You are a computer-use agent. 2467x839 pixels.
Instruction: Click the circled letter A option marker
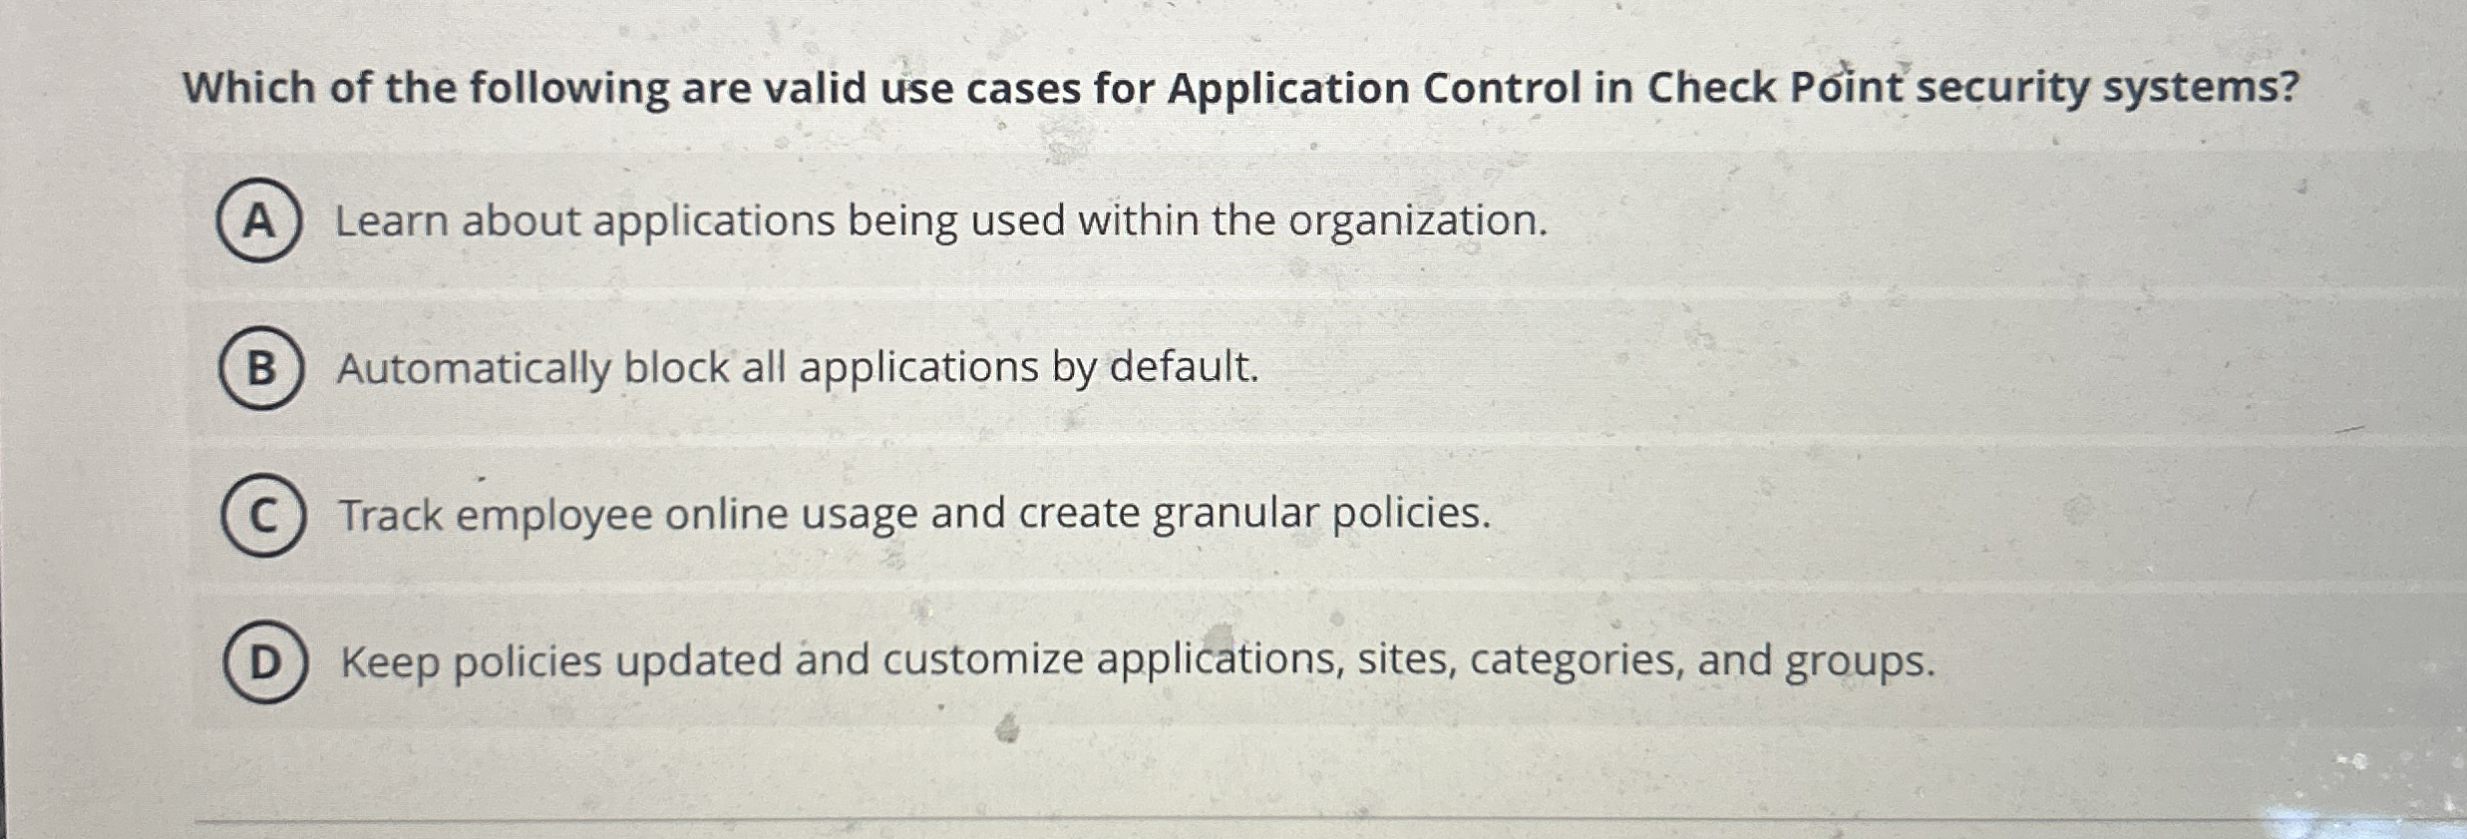pyautogui.click(x=258, y=220)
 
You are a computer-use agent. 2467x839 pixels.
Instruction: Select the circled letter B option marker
pyautogui.click(x=260, y=368)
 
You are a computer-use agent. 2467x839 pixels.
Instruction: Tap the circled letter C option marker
pyautogui.click(x=262, y=516)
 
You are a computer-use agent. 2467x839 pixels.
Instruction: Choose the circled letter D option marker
pyautogui.click(x=264, y=661)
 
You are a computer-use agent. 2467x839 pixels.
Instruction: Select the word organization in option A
pyautogui.click(x=1417, y=220)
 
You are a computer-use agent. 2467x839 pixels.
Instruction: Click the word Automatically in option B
pyautogui.click(x=474, y=368)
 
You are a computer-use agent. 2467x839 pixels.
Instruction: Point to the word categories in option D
pyautogui.click(x=1577, y=660)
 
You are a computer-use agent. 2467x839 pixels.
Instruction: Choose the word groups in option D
pyautogui.click(x=1859, y=662)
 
